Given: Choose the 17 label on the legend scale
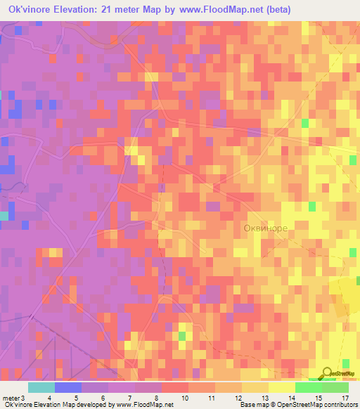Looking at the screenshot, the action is (345, 398).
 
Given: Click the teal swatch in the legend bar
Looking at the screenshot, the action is (41, 387).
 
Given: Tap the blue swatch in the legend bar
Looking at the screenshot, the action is (68, 387).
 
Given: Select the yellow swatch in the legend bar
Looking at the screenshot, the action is (281, 387).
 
